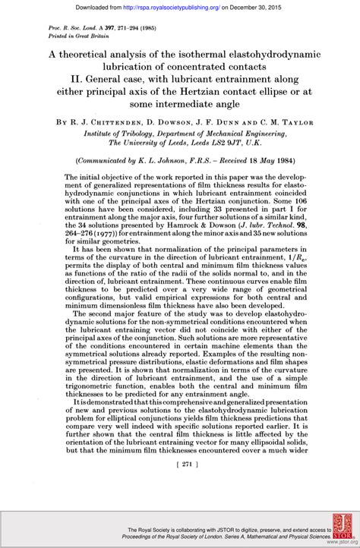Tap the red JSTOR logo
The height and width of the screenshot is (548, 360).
tap(339, 530)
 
